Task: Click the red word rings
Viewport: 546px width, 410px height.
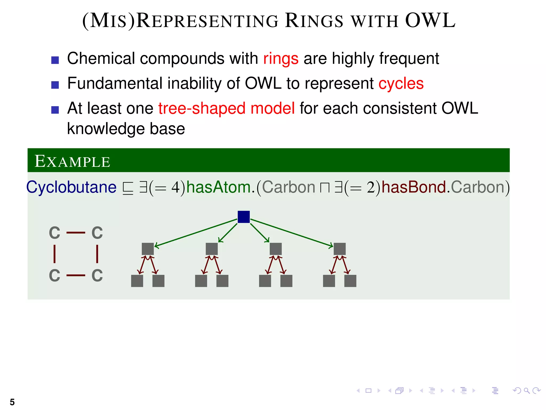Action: (280, 58)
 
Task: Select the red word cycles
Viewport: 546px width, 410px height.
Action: (401, 84)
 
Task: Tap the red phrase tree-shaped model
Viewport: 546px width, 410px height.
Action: (226, 108)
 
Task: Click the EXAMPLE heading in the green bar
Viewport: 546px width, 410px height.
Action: (72, 161)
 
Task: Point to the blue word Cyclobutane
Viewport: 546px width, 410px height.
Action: (71, 187)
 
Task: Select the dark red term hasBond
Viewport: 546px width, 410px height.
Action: (414, 187)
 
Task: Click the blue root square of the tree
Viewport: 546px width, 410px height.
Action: (243, 217)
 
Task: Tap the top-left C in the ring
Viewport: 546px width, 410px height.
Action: (55, 233)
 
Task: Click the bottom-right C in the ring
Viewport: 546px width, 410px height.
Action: (97, 275)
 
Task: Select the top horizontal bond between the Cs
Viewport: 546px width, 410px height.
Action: (76, 233)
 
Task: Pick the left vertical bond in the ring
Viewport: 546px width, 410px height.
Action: (55, 254)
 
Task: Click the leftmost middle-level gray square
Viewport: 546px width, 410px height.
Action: (148, 249)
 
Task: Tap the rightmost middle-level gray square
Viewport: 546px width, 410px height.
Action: (339, 249)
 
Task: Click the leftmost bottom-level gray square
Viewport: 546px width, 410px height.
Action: (137, 281)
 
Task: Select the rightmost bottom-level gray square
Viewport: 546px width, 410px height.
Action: (350, 281)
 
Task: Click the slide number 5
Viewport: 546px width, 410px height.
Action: (12, 402)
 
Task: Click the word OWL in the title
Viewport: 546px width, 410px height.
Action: (430, 21)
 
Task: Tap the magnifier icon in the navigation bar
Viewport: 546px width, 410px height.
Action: (527, 391)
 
